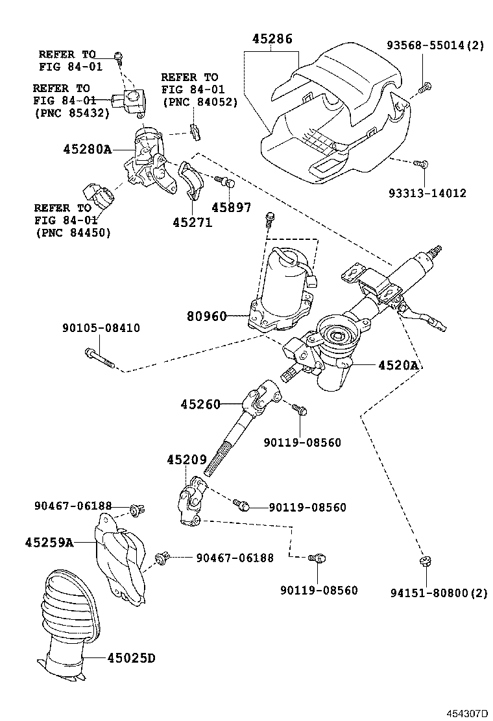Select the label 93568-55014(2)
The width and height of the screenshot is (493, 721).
435,45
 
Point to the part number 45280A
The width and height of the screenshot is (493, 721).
88,149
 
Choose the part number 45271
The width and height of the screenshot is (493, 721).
192,222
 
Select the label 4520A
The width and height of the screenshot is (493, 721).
398,366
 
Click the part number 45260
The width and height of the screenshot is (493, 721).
201,404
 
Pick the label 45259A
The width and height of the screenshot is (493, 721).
49,541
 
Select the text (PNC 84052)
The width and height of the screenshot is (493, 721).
199,102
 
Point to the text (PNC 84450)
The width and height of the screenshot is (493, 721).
72,233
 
